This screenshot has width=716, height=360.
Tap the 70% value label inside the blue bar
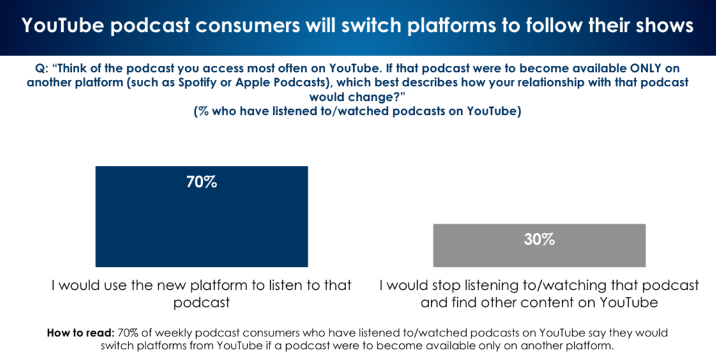pyautogui.click(x=202, y=182)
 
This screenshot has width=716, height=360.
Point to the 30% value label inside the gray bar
pyautogui.click(x=540, y=239)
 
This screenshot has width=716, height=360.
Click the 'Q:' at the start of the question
pyautogui.click(x=42, y=68)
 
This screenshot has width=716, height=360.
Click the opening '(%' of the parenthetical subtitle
pyautogui.click(x=202, y=111)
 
